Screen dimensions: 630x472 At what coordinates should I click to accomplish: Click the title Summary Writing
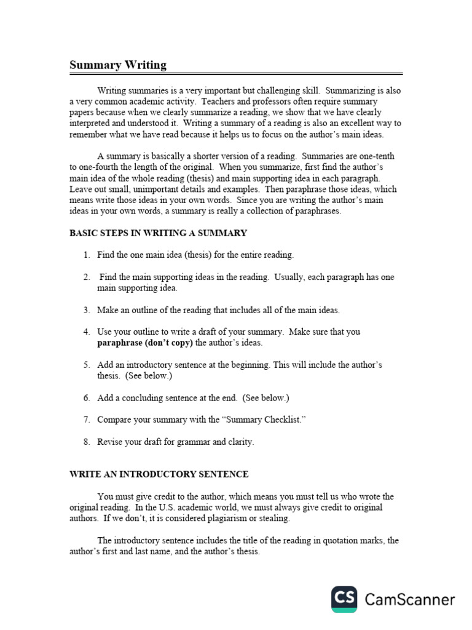tap(117, 65)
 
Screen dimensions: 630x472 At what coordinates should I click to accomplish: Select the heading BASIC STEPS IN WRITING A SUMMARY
tap(158, 233)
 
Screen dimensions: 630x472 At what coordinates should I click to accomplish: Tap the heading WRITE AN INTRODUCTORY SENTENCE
tap(159, 474)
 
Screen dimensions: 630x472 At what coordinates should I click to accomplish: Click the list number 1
tap(87, 255)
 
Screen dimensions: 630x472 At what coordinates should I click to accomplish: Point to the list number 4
tap(87, 332)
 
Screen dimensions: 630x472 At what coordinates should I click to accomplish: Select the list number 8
tap(87, 442)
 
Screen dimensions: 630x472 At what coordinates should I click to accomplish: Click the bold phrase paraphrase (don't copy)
tap(144, 343)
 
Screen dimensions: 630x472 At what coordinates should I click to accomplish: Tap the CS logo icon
tap(345, 599)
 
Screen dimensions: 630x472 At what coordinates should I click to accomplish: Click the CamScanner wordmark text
tap(410, 600)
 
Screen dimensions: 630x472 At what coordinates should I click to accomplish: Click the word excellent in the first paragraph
tap(348, 124)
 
